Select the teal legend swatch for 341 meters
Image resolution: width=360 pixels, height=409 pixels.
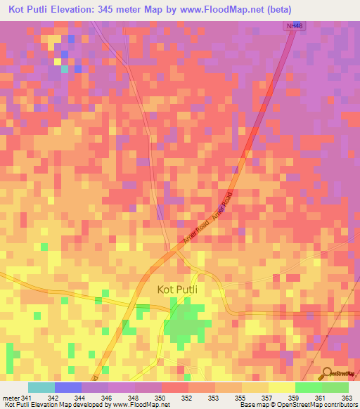pyautogui.click(x=41, y=387)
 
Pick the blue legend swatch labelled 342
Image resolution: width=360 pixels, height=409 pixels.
pyautogui.click(x=68, y=387)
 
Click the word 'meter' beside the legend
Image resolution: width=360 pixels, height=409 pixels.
pyautogui.click(x=11, y=397)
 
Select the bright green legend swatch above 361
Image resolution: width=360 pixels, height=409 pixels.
pyautogui.click(x=309, y=387)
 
